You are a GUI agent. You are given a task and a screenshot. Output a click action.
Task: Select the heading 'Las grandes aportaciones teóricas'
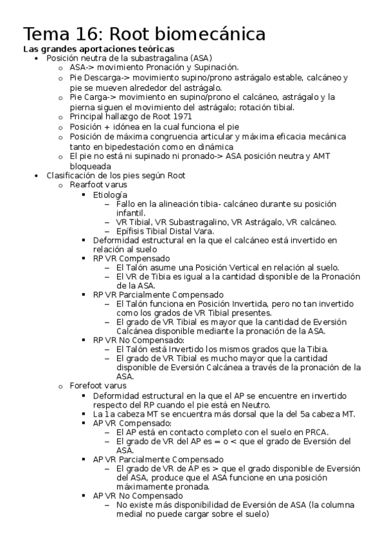[x=98, y=49]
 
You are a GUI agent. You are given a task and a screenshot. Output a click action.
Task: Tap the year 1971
[x=164, y=117]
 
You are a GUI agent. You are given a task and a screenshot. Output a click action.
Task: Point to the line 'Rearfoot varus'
[x=98, y=185]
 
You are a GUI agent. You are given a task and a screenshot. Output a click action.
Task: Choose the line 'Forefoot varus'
[x=98, y=386]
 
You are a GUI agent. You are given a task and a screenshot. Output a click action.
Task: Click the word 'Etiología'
[x=110, y=194]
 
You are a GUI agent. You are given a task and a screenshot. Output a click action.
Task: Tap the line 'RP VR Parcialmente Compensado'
[x=158, y=294]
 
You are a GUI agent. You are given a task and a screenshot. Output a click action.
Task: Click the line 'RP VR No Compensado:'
[x=139, y=339]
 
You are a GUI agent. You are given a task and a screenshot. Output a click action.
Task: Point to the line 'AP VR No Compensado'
[x=138, y=496]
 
